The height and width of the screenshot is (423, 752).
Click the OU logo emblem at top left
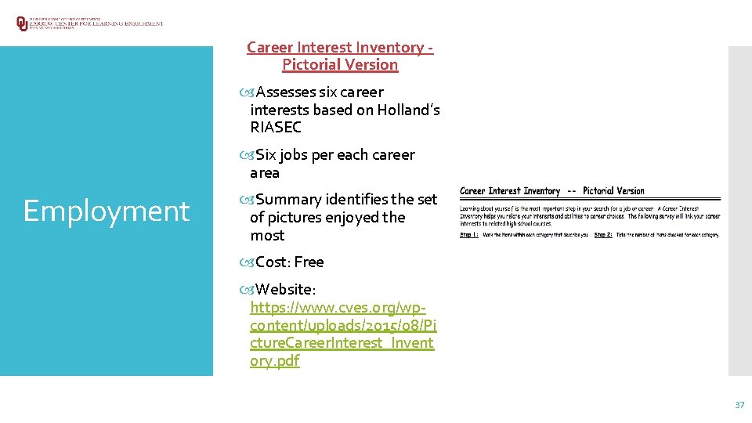(21, 23)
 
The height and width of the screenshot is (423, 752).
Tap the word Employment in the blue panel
(107, 211)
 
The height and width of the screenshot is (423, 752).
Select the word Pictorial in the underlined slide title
(312, 65)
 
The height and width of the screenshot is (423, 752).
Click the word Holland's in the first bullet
(410, 110)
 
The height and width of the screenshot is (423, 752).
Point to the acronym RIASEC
(276, 128)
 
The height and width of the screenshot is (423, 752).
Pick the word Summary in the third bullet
(289, 200)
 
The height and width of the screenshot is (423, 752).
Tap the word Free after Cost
(309, 262)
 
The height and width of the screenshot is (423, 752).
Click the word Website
(285, 289)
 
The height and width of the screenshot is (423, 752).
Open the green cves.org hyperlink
(342, 325)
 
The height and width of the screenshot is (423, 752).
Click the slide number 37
(739, 405)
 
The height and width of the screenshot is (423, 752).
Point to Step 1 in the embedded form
(470, 235)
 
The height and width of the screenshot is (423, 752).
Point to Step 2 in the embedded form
(603, 235)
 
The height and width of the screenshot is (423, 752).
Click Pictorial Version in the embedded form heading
(613, 191)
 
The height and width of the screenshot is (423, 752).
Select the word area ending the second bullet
(265, 173)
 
